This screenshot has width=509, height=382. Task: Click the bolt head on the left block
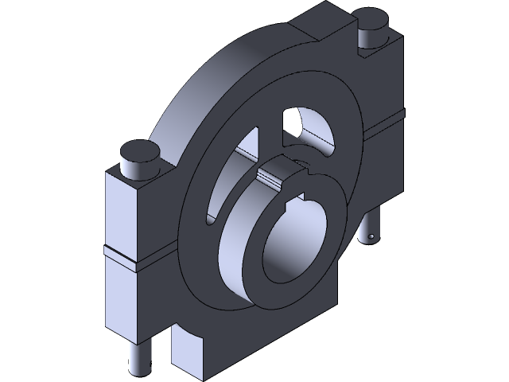tap(138, 151)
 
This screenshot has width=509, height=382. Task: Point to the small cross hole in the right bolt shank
tap(371, 236)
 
